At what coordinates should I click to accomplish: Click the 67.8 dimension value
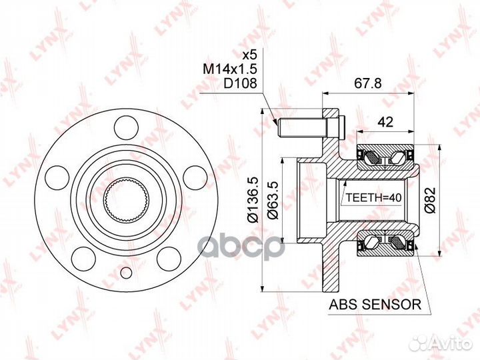(x=367, y=83)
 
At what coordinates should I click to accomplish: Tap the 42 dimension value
(x=385, y=122)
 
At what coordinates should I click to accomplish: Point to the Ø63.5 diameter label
(x=273, y=200)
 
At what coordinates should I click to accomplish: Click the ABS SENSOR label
(x=375, y=305)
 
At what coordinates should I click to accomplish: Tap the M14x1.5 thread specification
(x=229, y=69)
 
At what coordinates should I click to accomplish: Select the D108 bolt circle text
(x=240, y=83)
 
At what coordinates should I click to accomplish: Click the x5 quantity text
(x=249, y=55)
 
